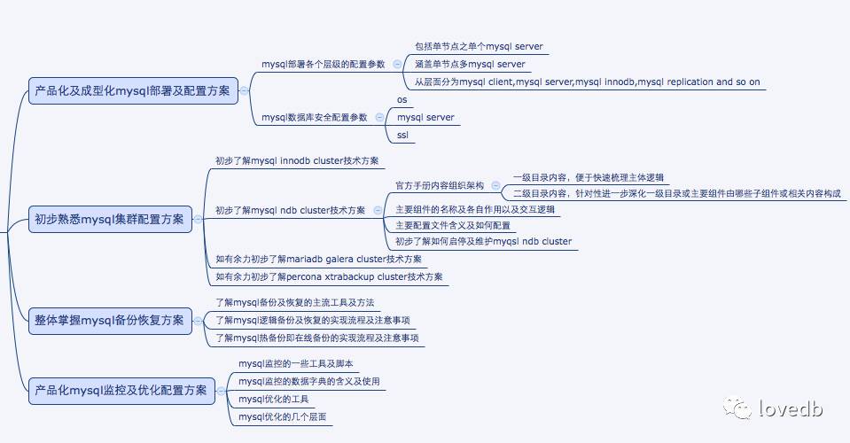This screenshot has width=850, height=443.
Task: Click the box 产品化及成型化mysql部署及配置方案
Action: coord(132,90)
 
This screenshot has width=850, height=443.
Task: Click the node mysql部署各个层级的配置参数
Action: coord(324,65)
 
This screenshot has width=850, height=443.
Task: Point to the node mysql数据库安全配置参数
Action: coord(314,117)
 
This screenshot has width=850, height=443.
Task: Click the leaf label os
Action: coord(402,100)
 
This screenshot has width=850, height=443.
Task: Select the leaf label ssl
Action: coord(402,136)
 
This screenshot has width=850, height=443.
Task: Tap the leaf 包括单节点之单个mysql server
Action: coord(479,46)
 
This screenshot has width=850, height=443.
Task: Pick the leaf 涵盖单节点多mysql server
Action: coord(470,64)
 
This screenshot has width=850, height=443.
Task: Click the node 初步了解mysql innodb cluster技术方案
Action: coord(297,161)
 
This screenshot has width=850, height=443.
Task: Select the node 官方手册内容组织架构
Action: coord(440,186)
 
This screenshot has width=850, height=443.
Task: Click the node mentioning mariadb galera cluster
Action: coord(319,260)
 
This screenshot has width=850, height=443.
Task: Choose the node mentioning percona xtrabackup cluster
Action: coord(329,277)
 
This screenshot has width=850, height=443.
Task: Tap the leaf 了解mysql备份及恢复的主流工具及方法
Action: coord(301,302)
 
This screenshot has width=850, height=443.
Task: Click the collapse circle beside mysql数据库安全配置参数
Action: coord(379,117)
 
